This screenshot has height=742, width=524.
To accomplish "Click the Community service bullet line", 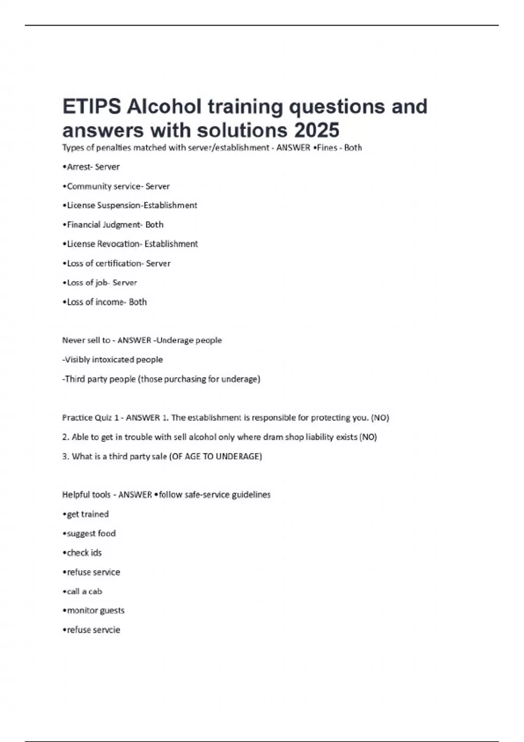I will coord(116,186).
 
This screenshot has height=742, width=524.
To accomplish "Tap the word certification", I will coord(118,263).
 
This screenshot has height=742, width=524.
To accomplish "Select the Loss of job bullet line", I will coord(100,283).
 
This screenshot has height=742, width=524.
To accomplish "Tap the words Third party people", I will coord(99,379).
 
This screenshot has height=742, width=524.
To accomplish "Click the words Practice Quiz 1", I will coord(90,418).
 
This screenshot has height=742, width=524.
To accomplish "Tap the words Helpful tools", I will coord(86,495).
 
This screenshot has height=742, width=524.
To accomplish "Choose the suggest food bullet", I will coord(90,533).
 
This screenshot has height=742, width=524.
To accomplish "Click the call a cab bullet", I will coord(83,591).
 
